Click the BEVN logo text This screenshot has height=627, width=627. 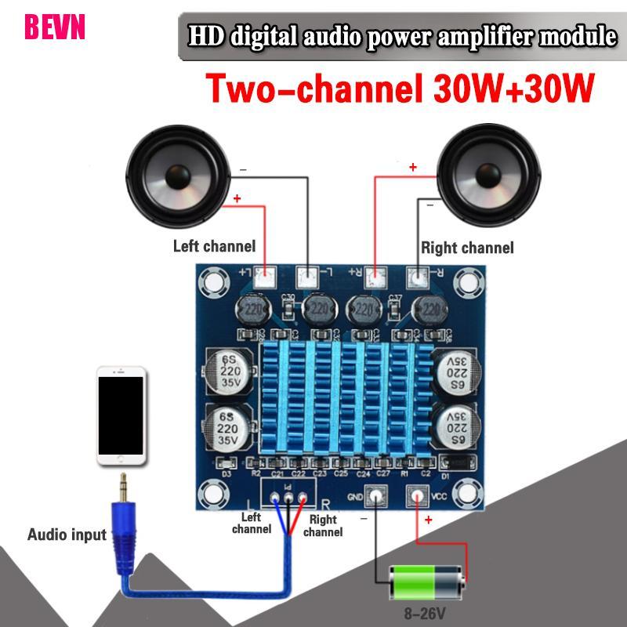54,26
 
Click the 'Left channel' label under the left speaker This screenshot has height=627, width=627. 214,246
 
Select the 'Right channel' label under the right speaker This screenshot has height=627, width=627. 467,248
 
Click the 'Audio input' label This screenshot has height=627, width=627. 67,535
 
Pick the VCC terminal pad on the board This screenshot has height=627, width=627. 415,495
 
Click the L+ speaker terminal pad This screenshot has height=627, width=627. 266,276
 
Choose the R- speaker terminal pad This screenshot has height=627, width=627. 419,276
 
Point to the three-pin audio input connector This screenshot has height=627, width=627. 288,497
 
